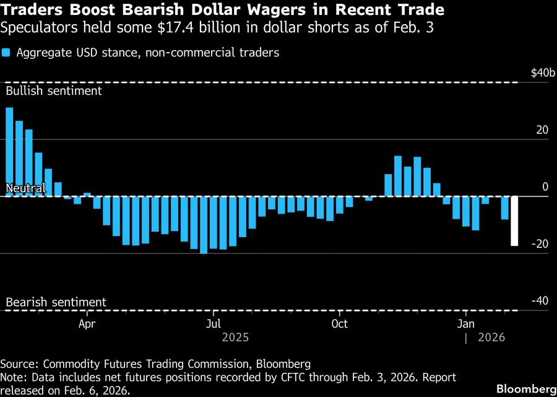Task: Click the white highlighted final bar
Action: (514, 221)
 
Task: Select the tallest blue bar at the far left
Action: (9, 152)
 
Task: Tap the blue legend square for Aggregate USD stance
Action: (6, 53)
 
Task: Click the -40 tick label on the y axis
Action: (540, 301)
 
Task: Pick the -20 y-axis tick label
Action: (540, 244)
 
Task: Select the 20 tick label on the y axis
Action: (542, 130)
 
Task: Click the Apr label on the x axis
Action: (87, 324)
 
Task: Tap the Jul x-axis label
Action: (213, 324)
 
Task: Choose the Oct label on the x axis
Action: (339, 324)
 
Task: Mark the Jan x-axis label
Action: (465, 324)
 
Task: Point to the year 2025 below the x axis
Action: (235, 338)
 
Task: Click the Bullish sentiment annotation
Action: (53, 90)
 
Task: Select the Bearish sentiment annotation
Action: (56, 302)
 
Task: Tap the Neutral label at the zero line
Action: (25, 188)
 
